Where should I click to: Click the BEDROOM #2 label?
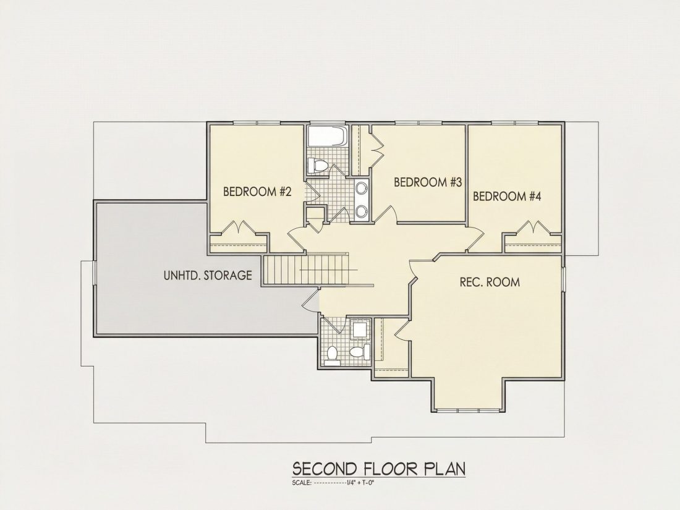point(257,191)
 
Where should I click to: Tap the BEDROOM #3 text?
point(428,182)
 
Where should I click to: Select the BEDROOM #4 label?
point(507,197)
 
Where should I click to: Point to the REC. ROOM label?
point(490,283)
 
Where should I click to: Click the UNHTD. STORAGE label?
point(208,275)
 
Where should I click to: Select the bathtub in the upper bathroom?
point(327,136)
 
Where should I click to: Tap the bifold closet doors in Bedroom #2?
point(238,227)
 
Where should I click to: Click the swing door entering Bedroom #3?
point(386,213)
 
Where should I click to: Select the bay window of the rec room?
point(469,410)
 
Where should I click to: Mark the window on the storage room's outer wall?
point(94,273)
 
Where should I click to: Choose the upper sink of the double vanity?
point(361,188)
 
